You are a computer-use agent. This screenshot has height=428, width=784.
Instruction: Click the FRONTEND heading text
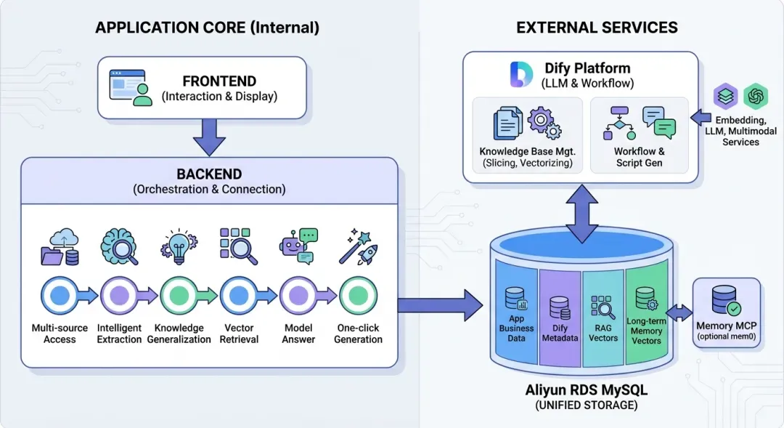tap(219, 81)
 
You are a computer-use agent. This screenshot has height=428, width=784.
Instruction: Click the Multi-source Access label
tap(60, 334)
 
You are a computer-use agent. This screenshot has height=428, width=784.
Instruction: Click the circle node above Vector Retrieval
tap(238, 295)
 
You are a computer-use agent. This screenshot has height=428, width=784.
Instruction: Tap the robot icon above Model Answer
tap(298, 247)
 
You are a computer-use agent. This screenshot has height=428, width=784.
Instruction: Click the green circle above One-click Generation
tap(358, 295)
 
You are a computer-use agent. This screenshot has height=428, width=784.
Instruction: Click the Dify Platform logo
tap(521, 74)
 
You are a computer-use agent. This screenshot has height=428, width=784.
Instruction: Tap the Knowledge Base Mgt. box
tap(527, 134)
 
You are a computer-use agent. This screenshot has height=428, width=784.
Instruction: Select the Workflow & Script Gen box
tap(639, 134)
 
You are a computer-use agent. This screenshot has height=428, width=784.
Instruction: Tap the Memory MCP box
tap(725, 311)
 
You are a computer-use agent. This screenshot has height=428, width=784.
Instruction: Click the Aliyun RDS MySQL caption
tap(587, 391)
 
